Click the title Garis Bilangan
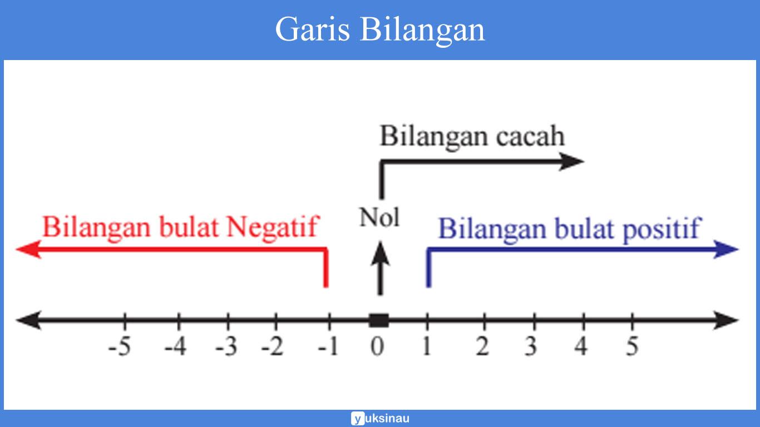tap(380, 29)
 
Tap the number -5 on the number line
tap(120, 347)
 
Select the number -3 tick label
tap(226, 347)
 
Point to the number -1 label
tap(328, 347)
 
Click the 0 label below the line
tap(378, 347)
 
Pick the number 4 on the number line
tap(581, 347)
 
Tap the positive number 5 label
tap(631, 347)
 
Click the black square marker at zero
tap(379, 320)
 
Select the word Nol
tap(379, 217)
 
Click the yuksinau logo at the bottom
tap(380, 418)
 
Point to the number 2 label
tap(482, 347)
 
